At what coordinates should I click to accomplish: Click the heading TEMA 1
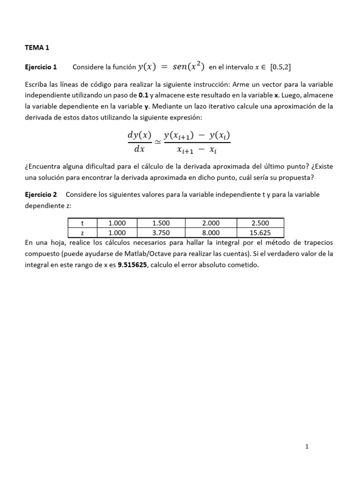click(37, 47)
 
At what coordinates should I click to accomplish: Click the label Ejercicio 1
click(40, 67)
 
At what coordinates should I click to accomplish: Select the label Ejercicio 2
click(40, 195)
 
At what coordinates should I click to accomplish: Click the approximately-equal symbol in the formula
click(157, 142)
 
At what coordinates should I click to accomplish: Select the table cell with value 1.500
click(161, 223)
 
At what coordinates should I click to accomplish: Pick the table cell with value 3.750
click(161, 232)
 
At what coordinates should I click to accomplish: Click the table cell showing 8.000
click(210, 232)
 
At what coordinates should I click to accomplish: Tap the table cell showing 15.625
click(260, 232)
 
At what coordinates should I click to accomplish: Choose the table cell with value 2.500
click(260, 223)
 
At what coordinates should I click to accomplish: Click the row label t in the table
click(82, 223)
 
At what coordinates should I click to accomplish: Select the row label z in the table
click(82, 232)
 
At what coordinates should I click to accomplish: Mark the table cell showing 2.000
click(210, 223)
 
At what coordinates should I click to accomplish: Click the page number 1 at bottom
click(307, 447)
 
